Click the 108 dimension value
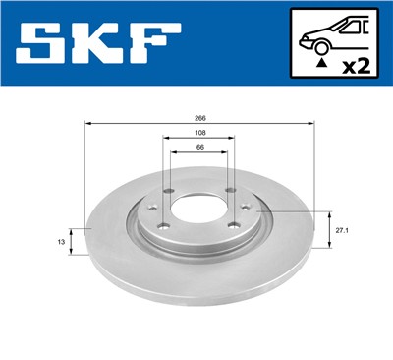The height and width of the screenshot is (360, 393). click(200, 133)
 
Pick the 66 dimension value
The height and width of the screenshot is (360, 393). click(200, 148)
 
